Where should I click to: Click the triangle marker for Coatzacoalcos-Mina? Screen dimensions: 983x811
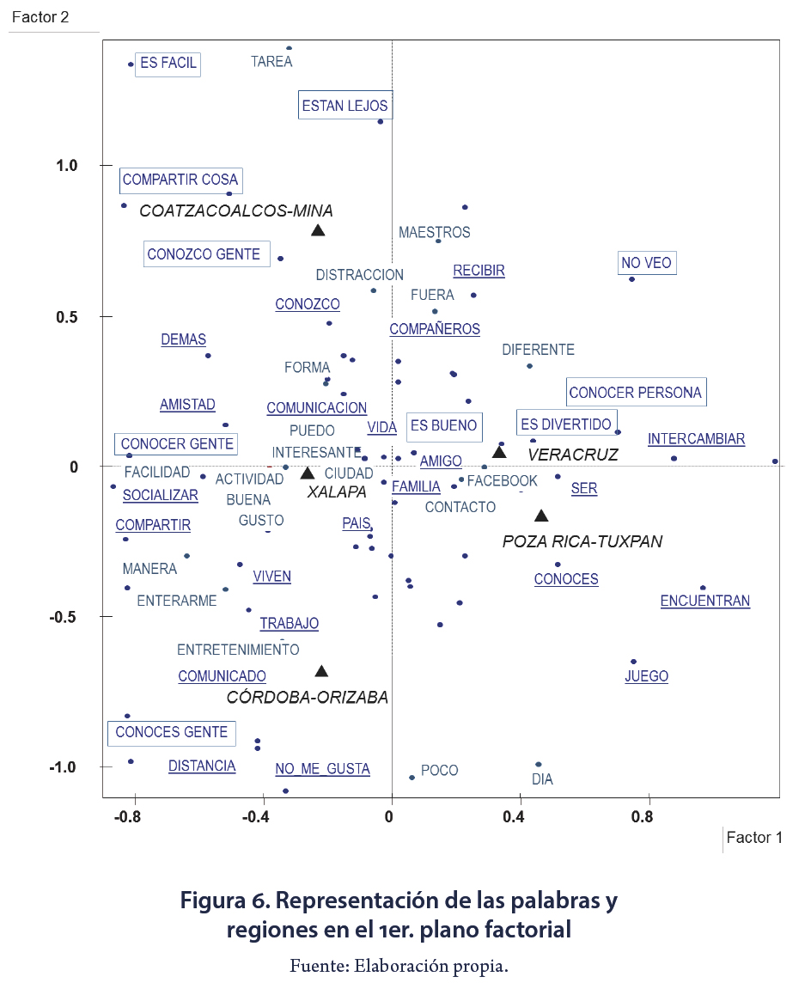[318, 230]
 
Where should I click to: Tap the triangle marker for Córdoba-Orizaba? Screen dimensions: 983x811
[321, 672]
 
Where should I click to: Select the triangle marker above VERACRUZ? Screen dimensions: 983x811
[499, 452]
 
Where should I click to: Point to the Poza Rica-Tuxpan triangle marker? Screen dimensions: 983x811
[541, 516]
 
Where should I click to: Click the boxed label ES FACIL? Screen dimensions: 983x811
[168, 64]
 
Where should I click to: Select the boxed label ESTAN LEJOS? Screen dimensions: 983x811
[345, 107]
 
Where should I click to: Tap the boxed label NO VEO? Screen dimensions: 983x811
[648, 264]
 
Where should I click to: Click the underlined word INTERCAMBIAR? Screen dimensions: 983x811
[696, 439]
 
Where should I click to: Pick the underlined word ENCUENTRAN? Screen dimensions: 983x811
[704, 601]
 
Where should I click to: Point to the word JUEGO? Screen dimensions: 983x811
[646, 676]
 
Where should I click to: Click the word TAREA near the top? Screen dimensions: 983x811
[271, 62]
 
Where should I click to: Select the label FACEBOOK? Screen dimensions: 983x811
[502, 481]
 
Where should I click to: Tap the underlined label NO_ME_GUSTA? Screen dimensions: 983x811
[322, 769]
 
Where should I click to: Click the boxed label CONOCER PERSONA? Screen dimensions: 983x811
[636, 393]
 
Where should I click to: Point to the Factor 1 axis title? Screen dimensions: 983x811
[754, 838]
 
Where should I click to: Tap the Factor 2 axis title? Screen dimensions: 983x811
[40, 17]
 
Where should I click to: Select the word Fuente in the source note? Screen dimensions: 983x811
[317, 966]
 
